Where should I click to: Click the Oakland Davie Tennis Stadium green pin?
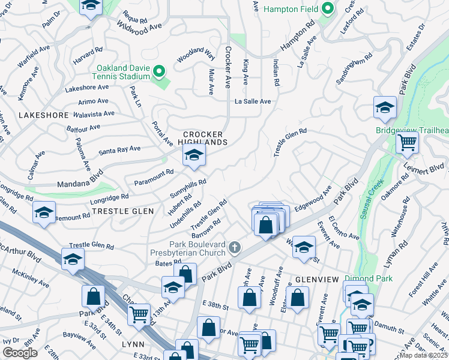159,72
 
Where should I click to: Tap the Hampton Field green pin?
327,9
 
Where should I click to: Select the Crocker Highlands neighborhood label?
203,138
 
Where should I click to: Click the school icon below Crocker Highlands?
194,157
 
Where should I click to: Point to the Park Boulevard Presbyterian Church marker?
235,247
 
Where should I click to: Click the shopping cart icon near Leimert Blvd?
407,143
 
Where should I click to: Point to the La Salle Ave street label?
253,101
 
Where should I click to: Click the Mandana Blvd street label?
80,181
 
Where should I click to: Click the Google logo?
20,353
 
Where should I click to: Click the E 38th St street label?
215,307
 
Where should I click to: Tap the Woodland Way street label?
196,57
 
